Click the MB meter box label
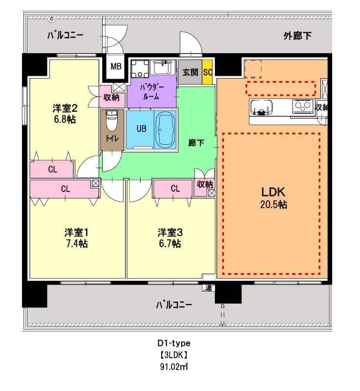point(116,66)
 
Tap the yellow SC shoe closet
point(207,72)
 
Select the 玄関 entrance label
point(190,72)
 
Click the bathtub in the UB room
point(164,129)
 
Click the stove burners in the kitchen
point(302,106)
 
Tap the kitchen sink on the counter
point(263,108)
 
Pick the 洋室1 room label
point(76,232)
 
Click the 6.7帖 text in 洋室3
point(169,243)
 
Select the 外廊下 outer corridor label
point(297,36)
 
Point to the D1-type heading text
point(169,343)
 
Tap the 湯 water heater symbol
point(209,287)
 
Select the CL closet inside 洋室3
point(174,188)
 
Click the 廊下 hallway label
point(196,143)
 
